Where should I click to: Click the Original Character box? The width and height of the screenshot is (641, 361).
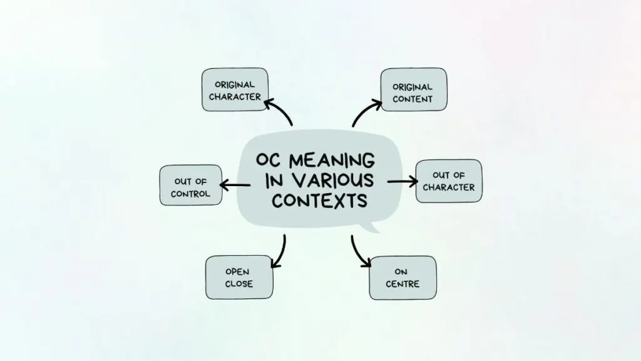[x=235, y=90]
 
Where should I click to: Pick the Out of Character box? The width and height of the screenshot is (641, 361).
[x=448, y=180]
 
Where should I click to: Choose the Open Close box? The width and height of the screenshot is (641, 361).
[x=239, y=277]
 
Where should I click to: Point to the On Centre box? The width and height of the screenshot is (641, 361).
[x=403, y=278]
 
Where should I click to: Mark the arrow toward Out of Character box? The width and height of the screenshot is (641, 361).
[x=402, y=181]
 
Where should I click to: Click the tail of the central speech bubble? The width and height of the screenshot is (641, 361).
[x=374, y=226]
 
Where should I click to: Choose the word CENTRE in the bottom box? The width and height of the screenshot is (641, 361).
[x=403, y=284]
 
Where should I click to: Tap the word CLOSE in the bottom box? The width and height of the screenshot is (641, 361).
[x=239, y=284]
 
